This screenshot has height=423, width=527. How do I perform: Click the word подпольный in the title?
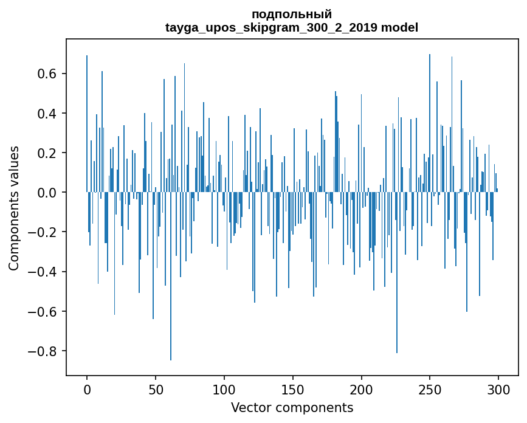pos(292,15)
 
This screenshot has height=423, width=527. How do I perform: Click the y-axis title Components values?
pos(14,208)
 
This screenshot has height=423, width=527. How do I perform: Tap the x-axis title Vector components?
pos(292,408)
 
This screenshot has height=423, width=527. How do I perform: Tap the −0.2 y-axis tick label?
pos(43,232)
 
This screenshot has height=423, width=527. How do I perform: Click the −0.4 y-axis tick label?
pos(43,272)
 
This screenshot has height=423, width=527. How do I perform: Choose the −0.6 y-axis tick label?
pos(43,312)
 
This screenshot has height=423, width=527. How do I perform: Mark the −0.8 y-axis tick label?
pos(43,351)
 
